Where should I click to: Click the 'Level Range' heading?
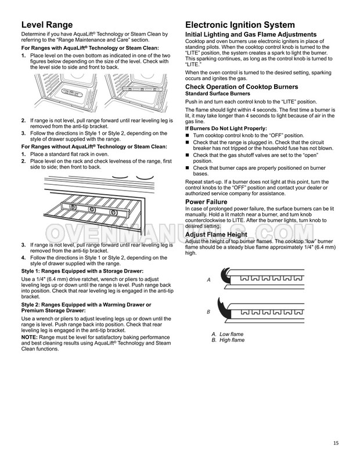tap(47, 25)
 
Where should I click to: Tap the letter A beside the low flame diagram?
tap(208, 279)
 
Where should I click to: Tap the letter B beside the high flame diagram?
tap(208, 312)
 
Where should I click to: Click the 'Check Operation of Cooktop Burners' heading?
tap(241, 87)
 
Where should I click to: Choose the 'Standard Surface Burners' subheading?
tap(218, 93)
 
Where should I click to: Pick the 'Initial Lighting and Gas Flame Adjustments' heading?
tap(250, 34)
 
